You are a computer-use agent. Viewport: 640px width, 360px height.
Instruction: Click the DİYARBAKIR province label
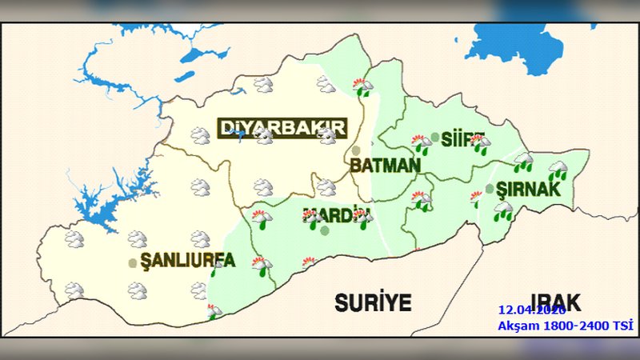point(282,128)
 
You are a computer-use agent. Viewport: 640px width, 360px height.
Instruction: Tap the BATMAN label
point(384,166)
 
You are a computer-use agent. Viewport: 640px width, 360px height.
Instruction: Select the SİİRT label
point(458,139)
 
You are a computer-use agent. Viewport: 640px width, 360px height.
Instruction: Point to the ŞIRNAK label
point(525,191)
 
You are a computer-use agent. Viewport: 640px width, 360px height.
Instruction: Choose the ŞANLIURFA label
point(187,261)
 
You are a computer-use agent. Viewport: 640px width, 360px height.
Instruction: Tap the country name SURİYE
point(372,302)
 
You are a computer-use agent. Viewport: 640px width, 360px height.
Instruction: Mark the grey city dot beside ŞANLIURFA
point(133,262)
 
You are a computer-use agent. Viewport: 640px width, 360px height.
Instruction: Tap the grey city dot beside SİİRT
point(434,137)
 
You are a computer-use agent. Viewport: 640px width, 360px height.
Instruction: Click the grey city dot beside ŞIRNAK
point(489,189)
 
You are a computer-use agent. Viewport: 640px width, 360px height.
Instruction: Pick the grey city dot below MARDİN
point(325,230)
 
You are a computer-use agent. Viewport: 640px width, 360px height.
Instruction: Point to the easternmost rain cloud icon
point(558,170)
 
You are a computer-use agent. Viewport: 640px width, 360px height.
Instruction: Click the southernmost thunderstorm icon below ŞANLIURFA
point(214,311)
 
